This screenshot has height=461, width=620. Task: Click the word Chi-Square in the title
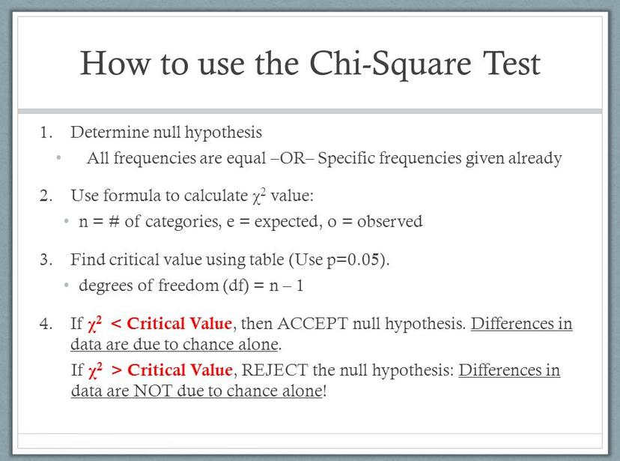[390, 64]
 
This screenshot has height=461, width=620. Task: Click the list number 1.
[46, 132]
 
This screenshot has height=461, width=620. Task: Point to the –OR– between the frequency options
[292, 158]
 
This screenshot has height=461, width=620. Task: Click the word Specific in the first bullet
[346, 158]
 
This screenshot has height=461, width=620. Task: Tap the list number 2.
[46, 196]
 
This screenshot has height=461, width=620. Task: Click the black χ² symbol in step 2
[258, 196]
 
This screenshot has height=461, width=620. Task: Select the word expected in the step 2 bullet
[286, 222]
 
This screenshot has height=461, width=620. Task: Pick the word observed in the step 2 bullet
[390, 221]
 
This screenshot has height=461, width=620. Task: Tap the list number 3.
[46, 259]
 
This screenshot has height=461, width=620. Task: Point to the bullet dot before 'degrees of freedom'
[67, 285]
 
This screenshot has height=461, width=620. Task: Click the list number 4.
[46, 324]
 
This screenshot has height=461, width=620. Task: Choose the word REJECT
[274, 370]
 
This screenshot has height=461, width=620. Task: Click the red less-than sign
[116, 324]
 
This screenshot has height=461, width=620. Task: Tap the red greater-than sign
[117, 370]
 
